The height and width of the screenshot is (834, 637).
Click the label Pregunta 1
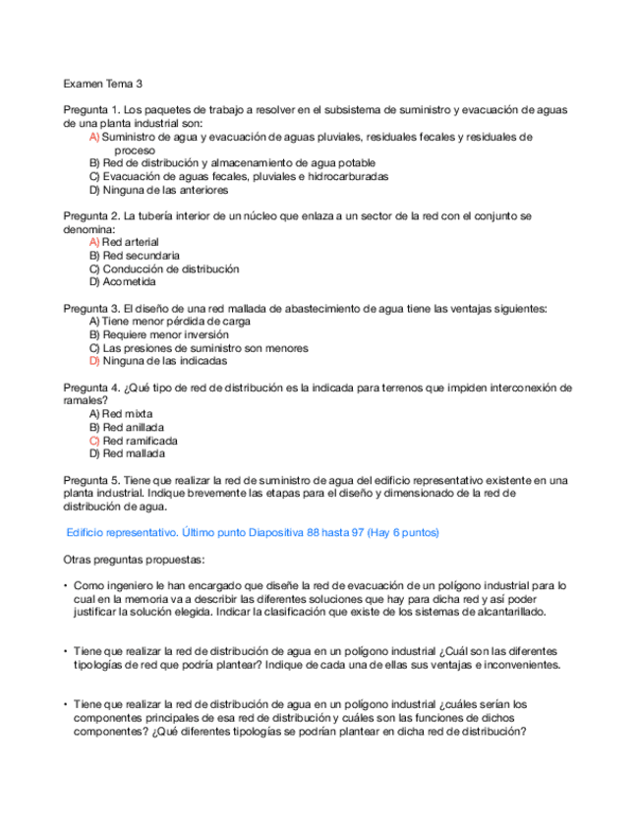click(91, 110)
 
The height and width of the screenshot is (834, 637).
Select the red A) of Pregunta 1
click(94, 138)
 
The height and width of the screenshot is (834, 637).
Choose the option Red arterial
click(130, 242)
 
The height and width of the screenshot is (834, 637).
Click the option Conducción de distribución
click(170, 268)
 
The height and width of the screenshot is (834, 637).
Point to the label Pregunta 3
click(91, 309)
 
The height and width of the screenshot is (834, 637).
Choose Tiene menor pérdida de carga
click(176, 322)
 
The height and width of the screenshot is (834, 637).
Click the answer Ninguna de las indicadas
click(164, 361)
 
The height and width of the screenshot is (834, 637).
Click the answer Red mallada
click(133, 454)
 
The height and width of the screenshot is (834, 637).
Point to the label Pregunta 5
click(91, 480)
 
